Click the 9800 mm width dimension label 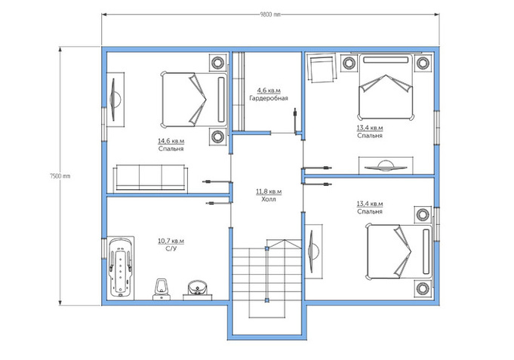[x=270, y=14]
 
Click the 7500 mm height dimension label [x=60, y=176]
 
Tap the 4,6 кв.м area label [x=269, y=91]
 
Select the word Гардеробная [x=269, y=98]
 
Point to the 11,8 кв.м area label [x=269, y=192]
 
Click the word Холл [x=269, y=199]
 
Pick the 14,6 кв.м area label [x=171, y=141]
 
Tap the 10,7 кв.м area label [x=171, y=242]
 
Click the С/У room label [x=171, y=249]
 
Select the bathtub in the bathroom [x=121, y=267]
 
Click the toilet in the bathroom [x=162, y=290]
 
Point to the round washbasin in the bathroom [x=197, y=289]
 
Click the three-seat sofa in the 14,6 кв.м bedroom [x=150, y=178]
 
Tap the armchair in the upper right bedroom [x=322, y=69]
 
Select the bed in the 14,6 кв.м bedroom [x=194, y=100]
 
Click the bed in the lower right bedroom [x=399, y=252]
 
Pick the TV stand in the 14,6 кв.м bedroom [x=115, y=100]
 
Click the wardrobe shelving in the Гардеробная [x=239, y=91]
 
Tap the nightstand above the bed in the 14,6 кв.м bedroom [x=217, y=62]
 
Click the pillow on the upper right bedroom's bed [x=386, y=60]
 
